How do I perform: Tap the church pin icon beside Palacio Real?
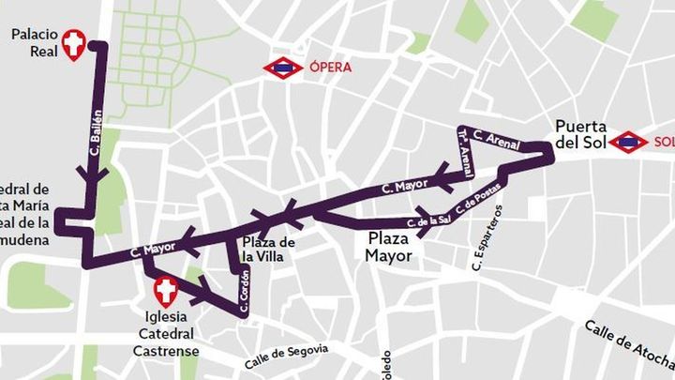pos(73,43)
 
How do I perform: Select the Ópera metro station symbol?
pos(282,68)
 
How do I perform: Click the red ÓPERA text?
pos(330,68)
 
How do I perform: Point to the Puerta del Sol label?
pos(580,134)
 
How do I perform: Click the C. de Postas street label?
pos(478,199)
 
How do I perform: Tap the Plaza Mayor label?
pos(388,247)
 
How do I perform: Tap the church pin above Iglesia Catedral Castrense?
pos(166,291)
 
